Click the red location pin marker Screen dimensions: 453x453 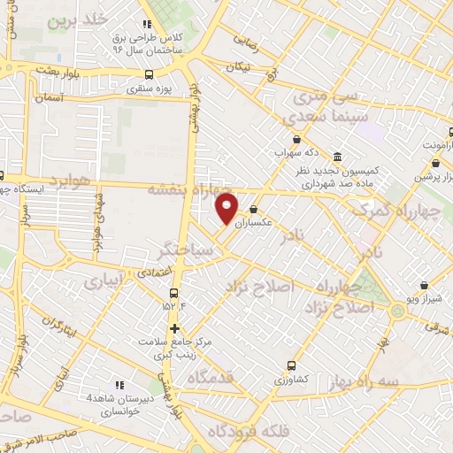pos(227,209)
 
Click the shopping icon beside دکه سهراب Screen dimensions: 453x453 pos(296,140)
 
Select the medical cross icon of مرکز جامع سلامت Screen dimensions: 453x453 pos(173,327)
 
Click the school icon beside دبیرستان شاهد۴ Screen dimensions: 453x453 pos(119,385)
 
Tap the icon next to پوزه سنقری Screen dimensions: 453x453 pos(148,75)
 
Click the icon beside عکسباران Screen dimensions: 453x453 pos(255,210)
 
